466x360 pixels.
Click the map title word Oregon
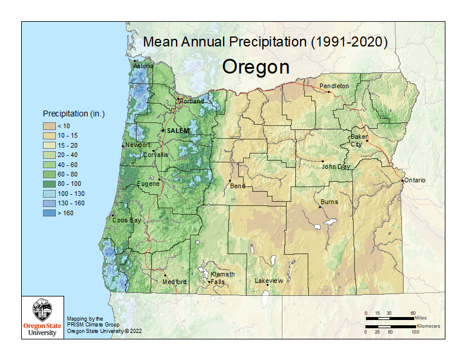tap(255, 67)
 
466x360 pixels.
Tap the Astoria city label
tap(144, 66)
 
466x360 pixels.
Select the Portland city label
tap(192, 101)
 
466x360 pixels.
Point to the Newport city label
tap(138, 145)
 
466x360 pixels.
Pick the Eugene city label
tap(148, 184)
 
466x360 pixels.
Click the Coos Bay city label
tap(127, 220)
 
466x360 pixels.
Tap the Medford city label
tap(174, 282)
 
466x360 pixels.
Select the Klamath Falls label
tap(223, 278)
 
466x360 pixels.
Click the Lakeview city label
tap(269, 281)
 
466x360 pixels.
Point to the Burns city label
tap(329, 202)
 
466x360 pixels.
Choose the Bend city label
tap(238, 186)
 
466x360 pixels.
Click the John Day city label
tap(336, 166)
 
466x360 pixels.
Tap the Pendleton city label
tap(334, 86)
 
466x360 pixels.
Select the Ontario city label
tap(415, 180)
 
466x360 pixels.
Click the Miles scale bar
tap(389, 318)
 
